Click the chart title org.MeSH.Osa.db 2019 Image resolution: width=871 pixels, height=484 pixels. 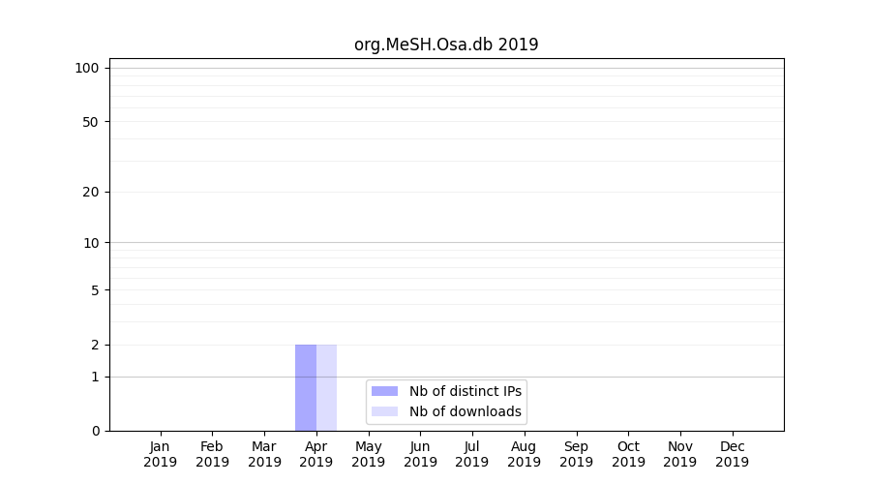446,45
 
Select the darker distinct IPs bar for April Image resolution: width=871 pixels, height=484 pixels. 306,387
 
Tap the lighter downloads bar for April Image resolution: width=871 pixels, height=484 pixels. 327,387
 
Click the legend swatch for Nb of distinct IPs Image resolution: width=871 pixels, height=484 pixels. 384,391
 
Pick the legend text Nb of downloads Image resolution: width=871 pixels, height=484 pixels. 466,411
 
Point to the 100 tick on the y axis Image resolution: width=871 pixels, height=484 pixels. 87,68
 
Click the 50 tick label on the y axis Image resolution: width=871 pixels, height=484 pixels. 91,122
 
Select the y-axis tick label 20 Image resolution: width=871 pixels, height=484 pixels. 91,192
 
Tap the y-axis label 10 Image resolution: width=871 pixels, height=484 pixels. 91,243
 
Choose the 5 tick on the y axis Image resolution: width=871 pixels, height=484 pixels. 95,290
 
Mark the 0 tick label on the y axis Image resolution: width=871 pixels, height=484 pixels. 95,431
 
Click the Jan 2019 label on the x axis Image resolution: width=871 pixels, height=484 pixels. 161,454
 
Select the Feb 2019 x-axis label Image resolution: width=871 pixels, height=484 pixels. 212,454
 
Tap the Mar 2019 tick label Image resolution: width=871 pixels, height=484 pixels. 264,454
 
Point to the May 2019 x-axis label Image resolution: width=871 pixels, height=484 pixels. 369,454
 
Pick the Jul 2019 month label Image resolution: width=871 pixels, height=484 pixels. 472,454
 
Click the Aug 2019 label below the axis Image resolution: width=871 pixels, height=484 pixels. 525,454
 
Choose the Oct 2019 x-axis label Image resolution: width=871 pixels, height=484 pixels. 628,454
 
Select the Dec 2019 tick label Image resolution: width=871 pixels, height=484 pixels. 733,454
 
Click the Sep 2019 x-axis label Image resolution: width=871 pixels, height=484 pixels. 576,454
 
